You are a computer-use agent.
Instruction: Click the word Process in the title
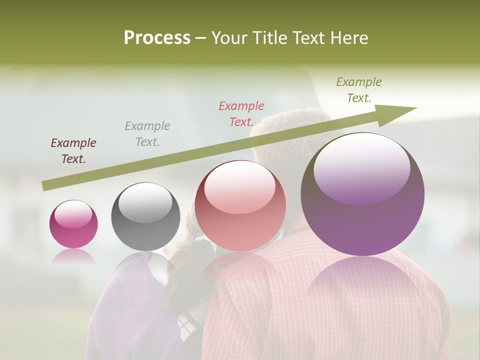point(157,38)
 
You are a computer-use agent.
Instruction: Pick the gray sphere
point(145,217)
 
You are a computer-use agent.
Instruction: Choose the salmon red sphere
point(240,206)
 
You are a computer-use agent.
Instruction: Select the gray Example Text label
point(147,134)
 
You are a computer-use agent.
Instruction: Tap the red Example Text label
point(241,113)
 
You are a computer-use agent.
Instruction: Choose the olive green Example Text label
point(359,90)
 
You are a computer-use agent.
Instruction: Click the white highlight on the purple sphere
point(361,167)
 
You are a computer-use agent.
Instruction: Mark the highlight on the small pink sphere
point(73,214)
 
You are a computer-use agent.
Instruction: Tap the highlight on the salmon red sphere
point(239,186)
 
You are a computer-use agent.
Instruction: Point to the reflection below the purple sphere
point(362,290)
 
